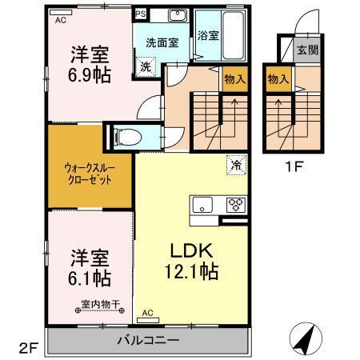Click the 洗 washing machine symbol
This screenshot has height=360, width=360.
(x=145, y=68)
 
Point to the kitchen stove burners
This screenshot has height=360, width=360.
(x=234, y=202)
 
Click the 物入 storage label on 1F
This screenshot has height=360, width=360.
(x=278, y=79)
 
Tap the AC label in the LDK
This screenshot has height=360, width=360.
(x=147, y=312)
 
